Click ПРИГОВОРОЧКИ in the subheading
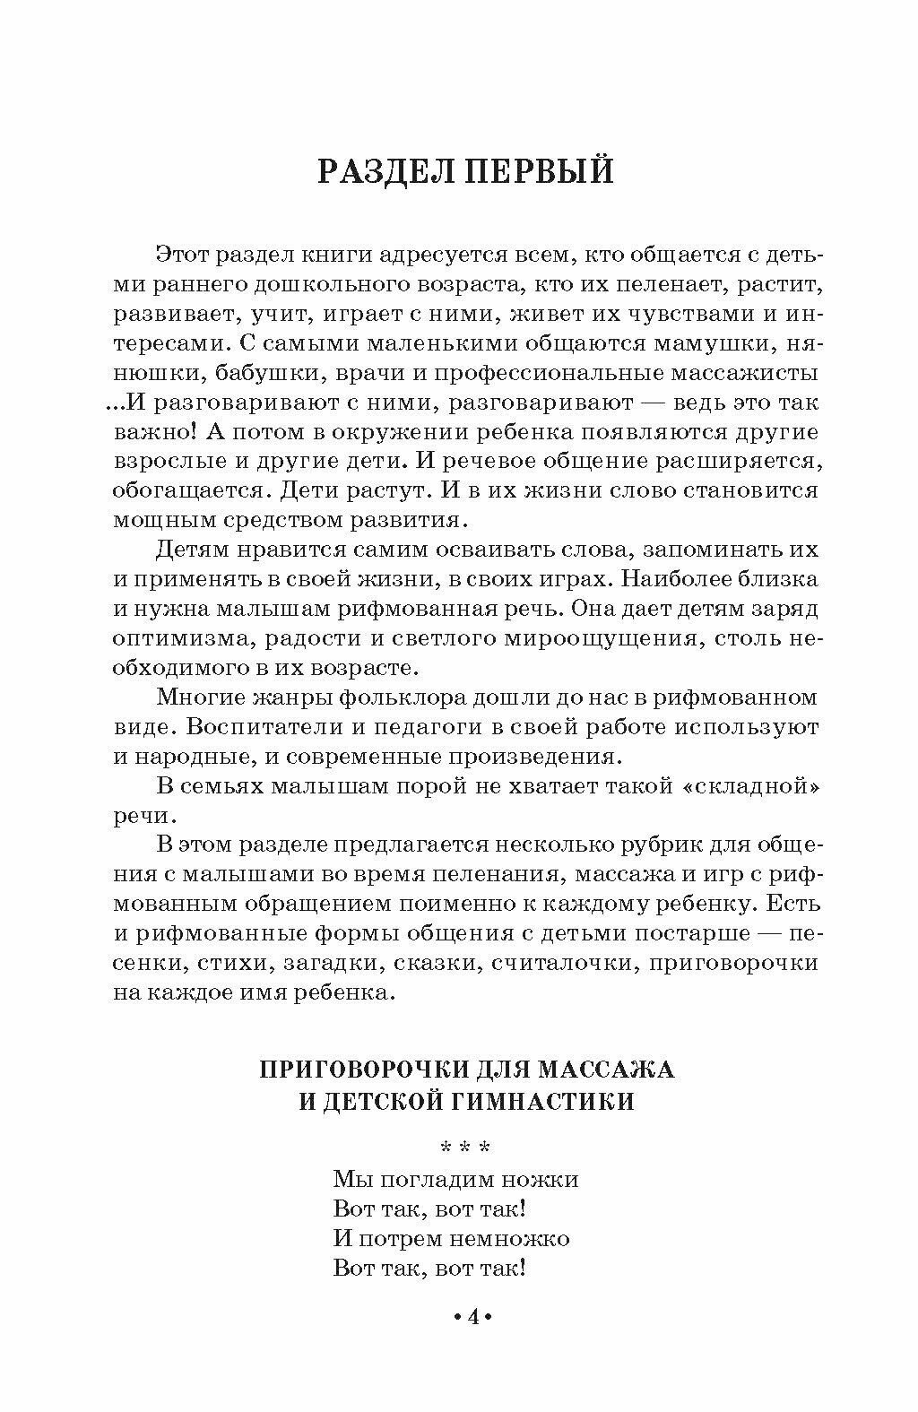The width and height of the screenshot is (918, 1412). tap(359, 1070)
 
